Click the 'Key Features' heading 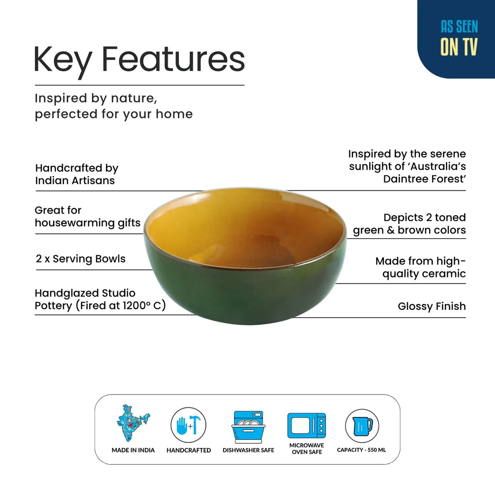pos(139,60)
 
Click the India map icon pos(133,423)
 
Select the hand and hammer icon pos(189,425)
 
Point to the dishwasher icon pos(248,426)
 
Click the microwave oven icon pos(306,425)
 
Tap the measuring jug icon pos(362,425)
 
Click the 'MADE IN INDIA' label pos(133,450)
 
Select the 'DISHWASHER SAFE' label pos(248,450)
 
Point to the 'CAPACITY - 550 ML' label pos(362,450)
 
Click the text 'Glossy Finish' pos(432,306)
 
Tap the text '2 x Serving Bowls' pos(81,259)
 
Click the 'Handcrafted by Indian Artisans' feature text pos(77,174)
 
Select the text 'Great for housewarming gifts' pos(87,217)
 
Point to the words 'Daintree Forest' pos(424,179)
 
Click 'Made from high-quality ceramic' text pos(421,267)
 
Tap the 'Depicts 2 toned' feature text pos(424,218)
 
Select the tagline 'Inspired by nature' pos(96,98)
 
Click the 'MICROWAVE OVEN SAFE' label pos(306,449)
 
